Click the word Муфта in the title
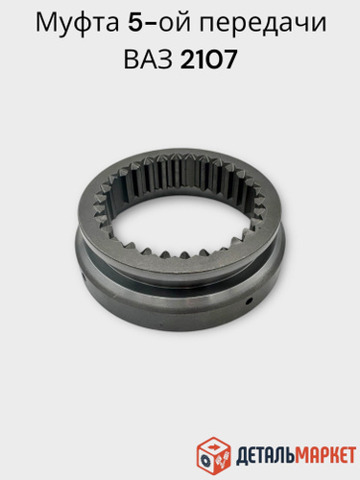pos(77,25)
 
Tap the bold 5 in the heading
pos(135,23)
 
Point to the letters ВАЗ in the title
pos(148,60)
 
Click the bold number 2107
pos(208,60)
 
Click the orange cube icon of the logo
pos(213,453)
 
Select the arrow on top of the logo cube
pos(213,445)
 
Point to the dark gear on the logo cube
pos(204,460)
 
